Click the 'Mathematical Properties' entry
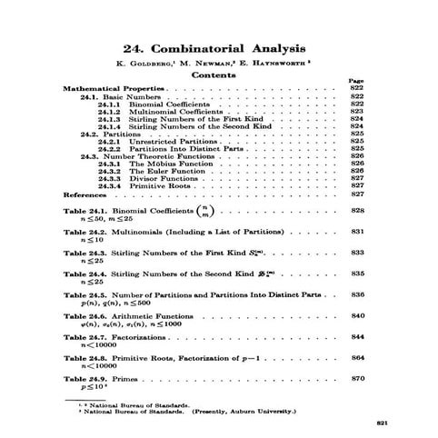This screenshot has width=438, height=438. point(113,89)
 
